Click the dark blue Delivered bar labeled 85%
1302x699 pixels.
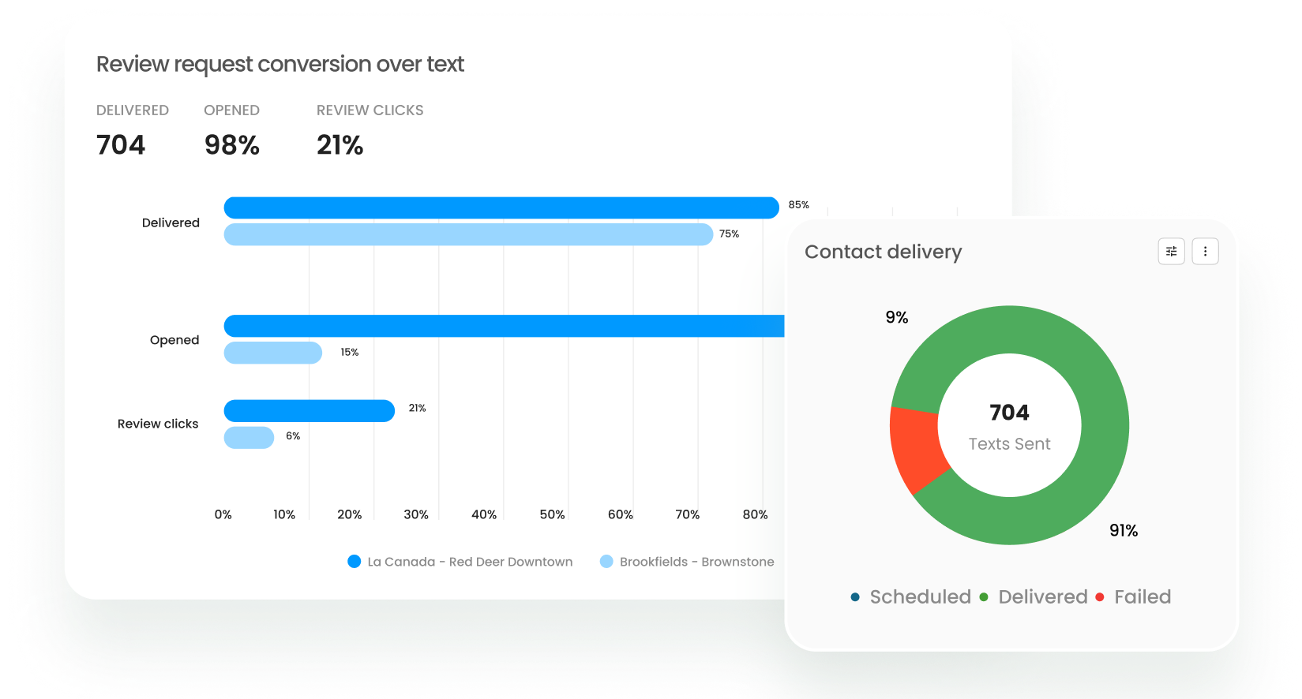point(501,207)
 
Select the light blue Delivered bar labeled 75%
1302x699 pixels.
point(468,234)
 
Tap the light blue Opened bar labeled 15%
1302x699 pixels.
point(272,353)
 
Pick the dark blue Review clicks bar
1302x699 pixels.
point(309,411)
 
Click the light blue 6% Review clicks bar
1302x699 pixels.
point(249,438)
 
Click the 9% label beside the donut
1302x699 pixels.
point(896,317)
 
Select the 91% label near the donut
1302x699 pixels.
point(1123,530)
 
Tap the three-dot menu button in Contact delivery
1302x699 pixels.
point(1204,252)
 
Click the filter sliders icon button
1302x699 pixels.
point(1171,252)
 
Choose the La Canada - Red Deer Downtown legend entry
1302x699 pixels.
point(460,562)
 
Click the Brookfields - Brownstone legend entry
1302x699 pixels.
point(687,562)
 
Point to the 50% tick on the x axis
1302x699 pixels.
point(552,514)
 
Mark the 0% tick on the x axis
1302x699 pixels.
point(223,514)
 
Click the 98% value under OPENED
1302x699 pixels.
point(231,145)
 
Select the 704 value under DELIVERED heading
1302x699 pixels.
point(121,145)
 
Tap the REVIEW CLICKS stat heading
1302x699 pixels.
point(370,110)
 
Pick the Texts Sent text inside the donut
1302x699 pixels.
point(1009,443)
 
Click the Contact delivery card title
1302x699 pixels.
point(883,252)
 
